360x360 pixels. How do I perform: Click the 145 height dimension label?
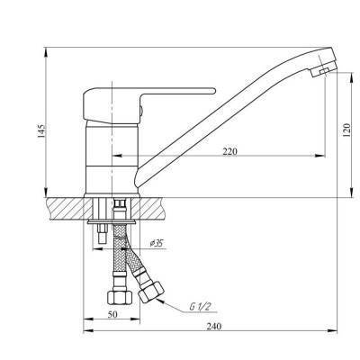coord(41,130)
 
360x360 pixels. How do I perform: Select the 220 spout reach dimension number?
coord(229,151)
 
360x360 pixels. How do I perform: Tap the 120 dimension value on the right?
coord(346,130)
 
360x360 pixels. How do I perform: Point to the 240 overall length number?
coord(214,326)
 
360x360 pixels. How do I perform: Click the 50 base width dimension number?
coord(112,314)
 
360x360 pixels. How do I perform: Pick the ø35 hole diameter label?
coord(157,243)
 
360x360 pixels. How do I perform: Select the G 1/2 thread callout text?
coord(201,307)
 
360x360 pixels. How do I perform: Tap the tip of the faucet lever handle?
coord(213,91)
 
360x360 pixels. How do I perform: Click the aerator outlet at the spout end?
coord(324,71)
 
